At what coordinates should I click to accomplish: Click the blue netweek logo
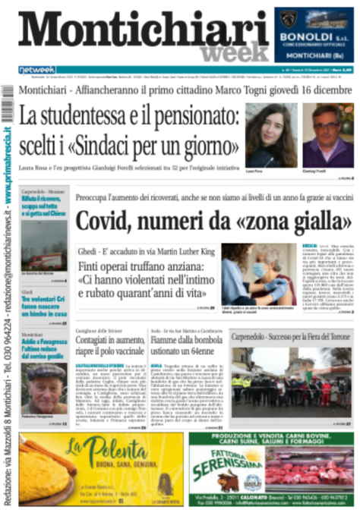pos(37,70)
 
